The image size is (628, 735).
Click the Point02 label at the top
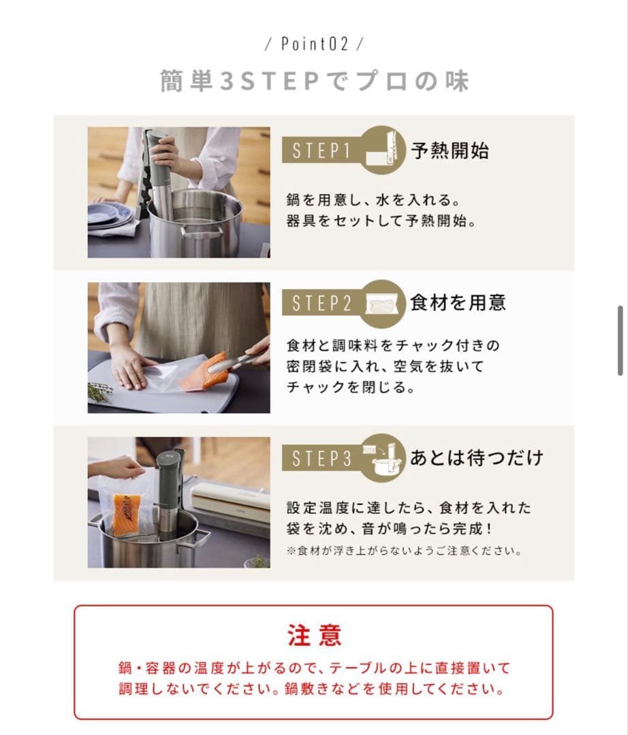(x=314, y=44)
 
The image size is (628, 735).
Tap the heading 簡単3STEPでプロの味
(x=314, y=81)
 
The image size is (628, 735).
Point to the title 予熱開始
(x=450, y=150)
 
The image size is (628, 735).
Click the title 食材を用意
(x=458, y=303)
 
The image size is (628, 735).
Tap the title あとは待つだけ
(x=476, y=457)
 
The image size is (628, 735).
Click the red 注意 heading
(x=314, y=635)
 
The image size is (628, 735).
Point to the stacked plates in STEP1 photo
(x=109, y=215)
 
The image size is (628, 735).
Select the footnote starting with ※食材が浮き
(x=405, y=551)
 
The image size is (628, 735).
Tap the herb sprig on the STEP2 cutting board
(x=100, y=391)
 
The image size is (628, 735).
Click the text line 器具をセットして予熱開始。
(x=380, y=222)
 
